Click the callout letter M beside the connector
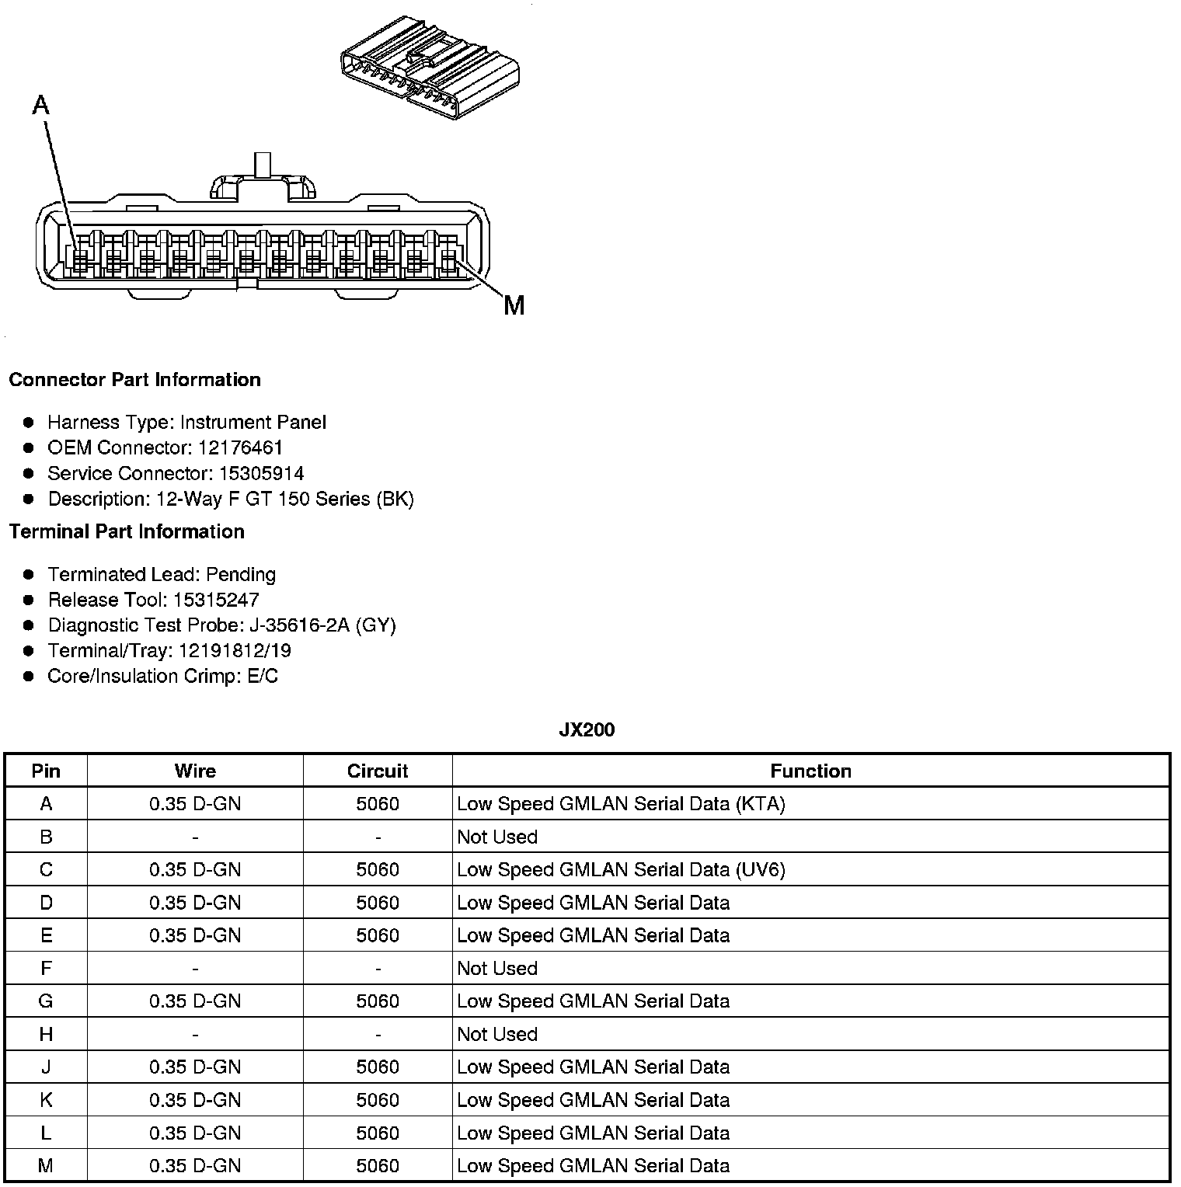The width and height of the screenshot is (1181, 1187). click(514, 305)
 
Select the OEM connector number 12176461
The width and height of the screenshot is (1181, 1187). click(240, 447)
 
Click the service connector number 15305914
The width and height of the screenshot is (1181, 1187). click(261, 473)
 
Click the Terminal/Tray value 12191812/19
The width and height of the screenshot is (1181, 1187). click(235, 651)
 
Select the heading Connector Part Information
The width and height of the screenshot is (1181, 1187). click(134, 380)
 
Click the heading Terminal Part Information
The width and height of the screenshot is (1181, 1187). click(127, 531)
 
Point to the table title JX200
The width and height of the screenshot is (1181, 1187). click(587, 729)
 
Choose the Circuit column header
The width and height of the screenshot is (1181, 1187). click(378, 771)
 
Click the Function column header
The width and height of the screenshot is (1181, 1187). click(810, 771)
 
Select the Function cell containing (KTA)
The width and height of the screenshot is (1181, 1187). click(621, 804)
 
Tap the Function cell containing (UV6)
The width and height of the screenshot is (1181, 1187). click(621, 869)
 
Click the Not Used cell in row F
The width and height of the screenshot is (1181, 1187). click(497, 968)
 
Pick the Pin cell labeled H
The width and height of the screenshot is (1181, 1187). click(46, 1034)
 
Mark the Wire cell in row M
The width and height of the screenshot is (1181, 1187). click(195, 1165)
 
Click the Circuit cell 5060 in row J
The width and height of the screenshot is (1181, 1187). click(378, 1067)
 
